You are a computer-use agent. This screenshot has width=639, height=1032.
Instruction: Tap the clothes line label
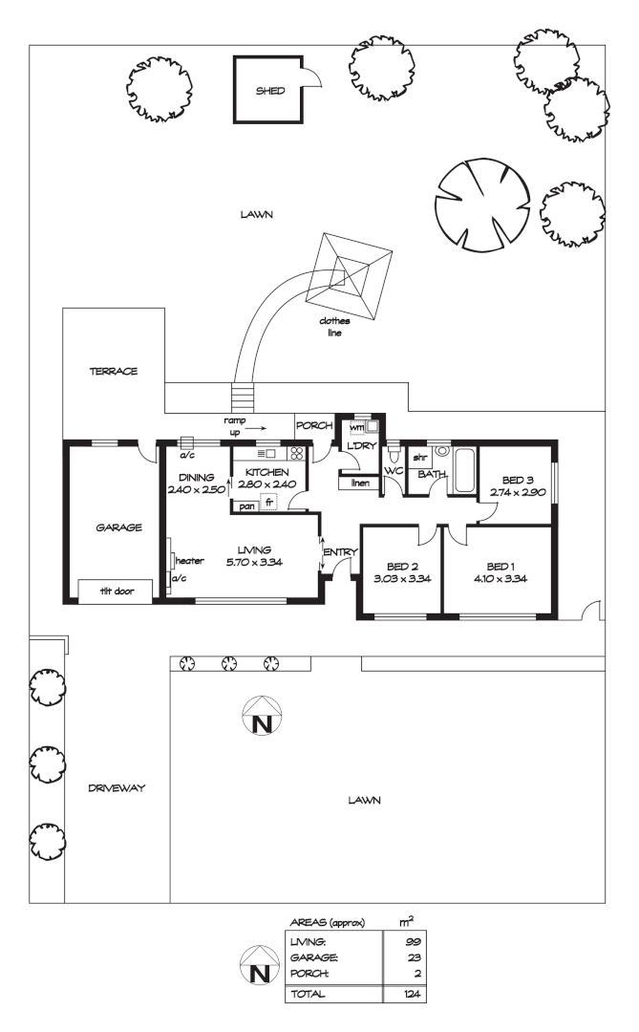click(335, 327)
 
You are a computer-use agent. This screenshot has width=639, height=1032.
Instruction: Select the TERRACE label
click(115, 371)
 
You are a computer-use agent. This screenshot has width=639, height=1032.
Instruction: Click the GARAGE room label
click(119, 527)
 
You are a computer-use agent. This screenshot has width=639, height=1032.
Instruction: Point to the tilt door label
click(118, 591)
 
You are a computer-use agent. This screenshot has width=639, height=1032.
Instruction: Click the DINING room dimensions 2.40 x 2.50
click(195, 488)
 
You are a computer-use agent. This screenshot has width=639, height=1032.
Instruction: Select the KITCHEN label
click(268, 473)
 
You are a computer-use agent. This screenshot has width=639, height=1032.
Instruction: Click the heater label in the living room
click(188, 561)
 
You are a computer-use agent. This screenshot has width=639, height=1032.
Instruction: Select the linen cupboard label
click(360, 484)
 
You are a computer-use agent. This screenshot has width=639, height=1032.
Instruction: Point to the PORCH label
click(313, 425)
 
